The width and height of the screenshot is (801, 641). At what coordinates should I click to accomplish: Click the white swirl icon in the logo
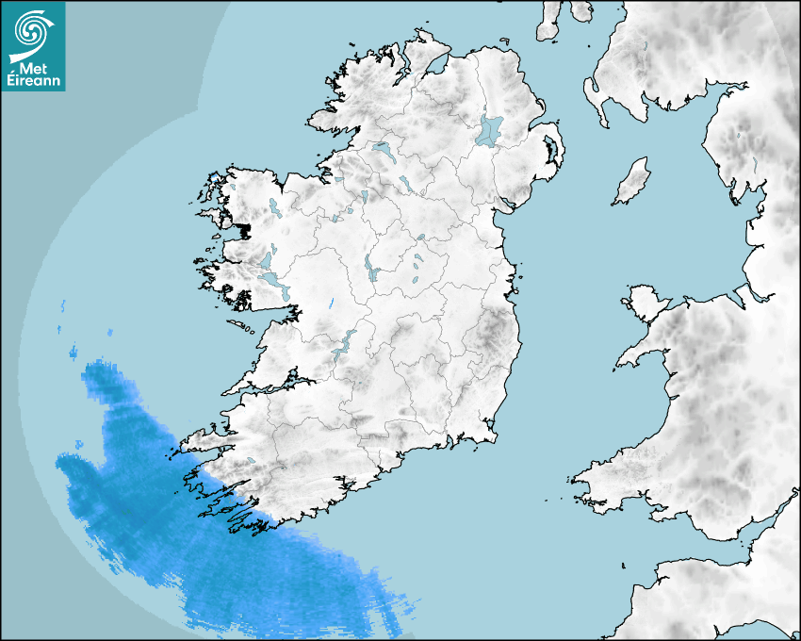(31, 32)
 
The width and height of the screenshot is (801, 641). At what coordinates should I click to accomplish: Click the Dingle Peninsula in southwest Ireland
(203, 436)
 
